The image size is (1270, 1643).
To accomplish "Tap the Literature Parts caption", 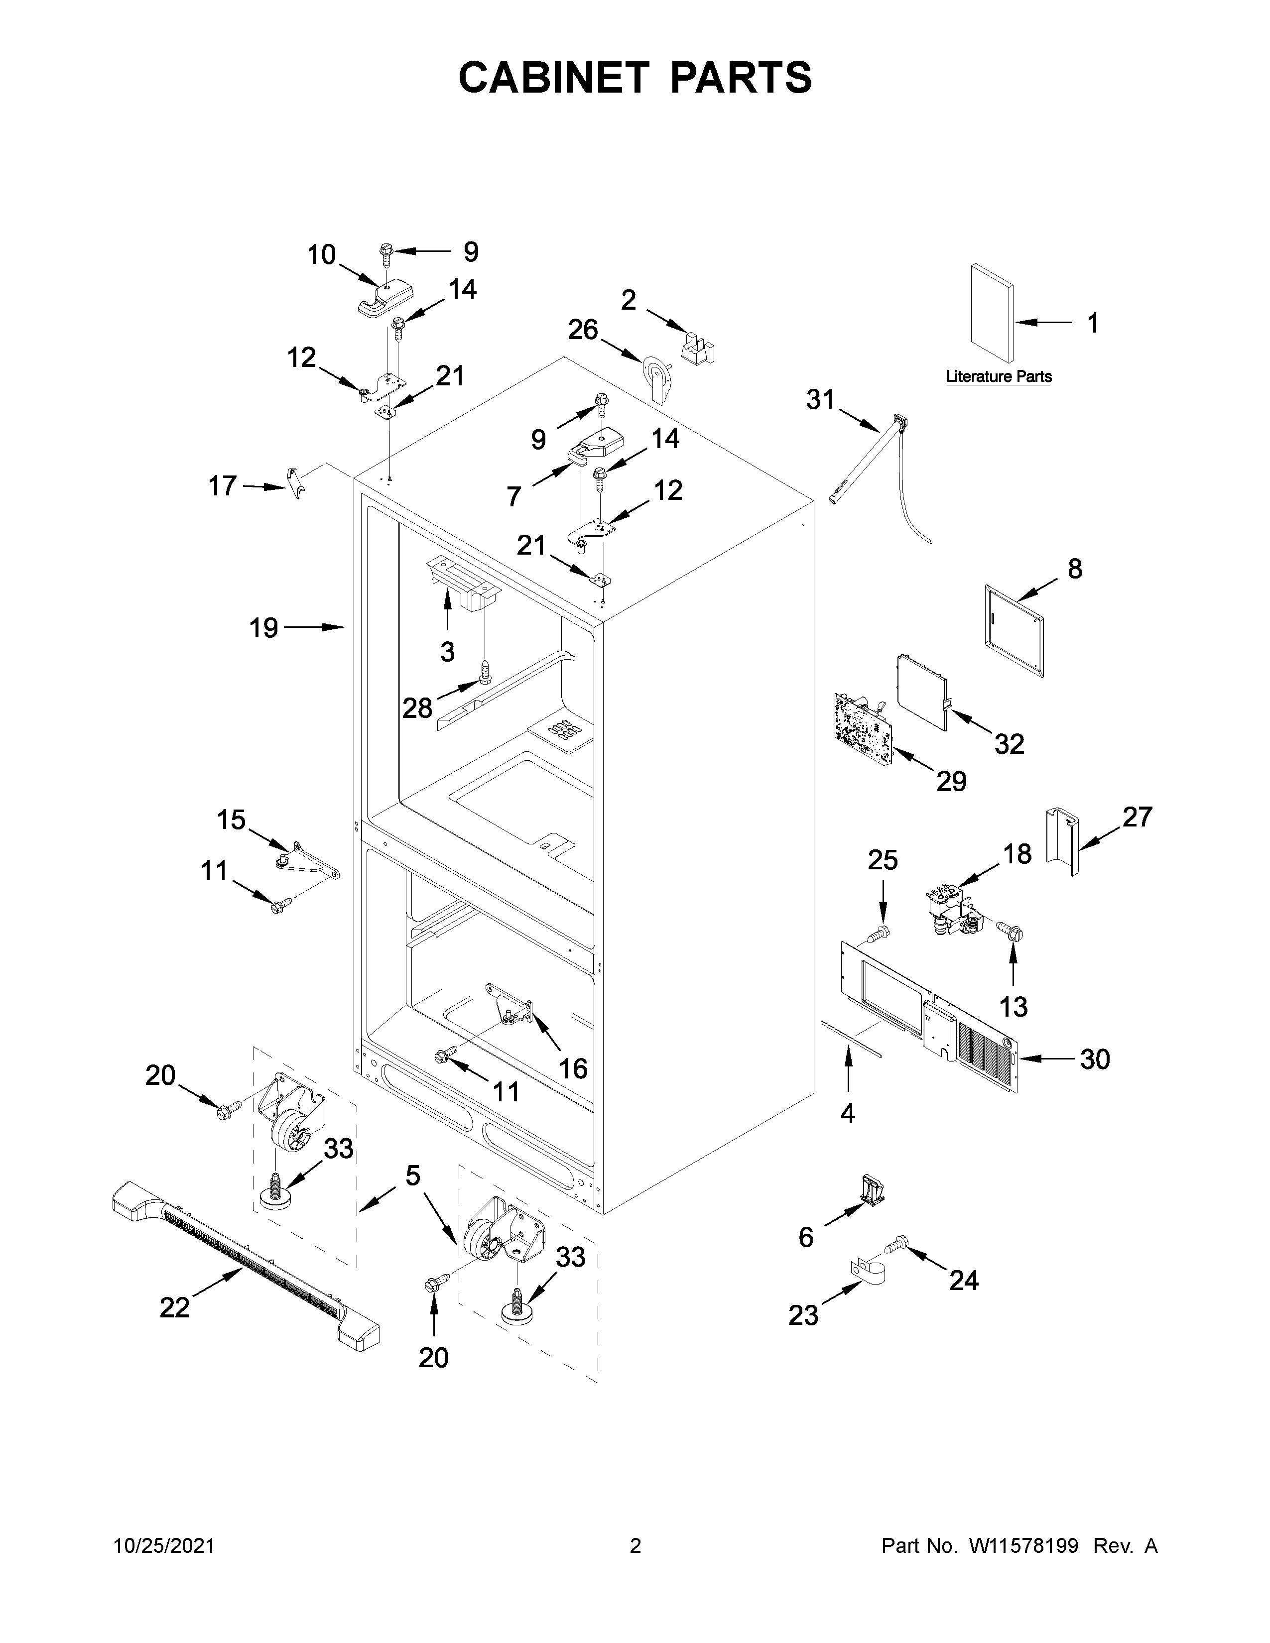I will coord(999,376).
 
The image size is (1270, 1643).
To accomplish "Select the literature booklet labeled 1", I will coord(991,312).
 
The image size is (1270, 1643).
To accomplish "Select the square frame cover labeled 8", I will coord(1014,631).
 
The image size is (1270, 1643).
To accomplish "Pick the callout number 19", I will coord(263,627).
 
